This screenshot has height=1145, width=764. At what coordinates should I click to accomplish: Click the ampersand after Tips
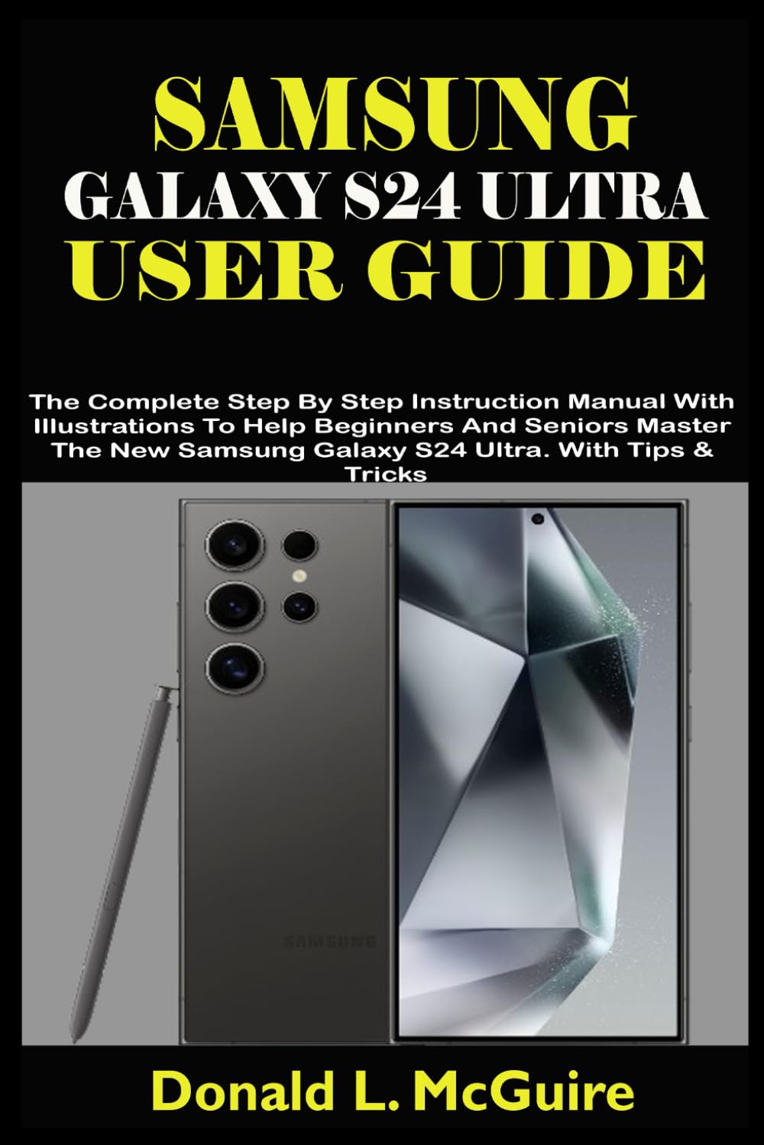pos(704,450)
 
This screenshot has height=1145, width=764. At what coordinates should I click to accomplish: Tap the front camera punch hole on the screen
pos(537,519)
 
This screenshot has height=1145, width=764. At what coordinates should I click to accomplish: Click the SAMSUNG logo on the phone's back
pos(329,940)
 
